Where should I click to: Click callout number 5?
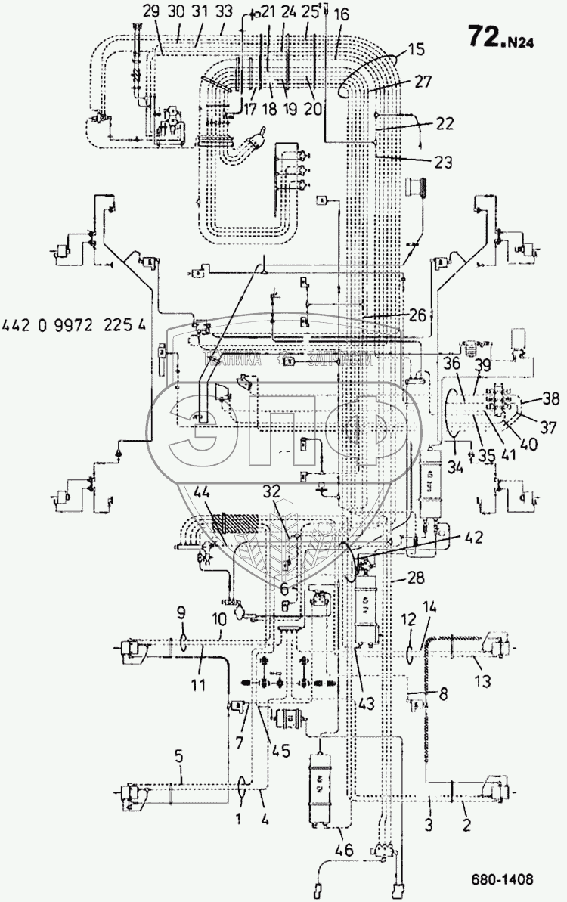click(x=178, y=757)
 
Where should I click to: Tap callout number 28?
click(x=415, y=579)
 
